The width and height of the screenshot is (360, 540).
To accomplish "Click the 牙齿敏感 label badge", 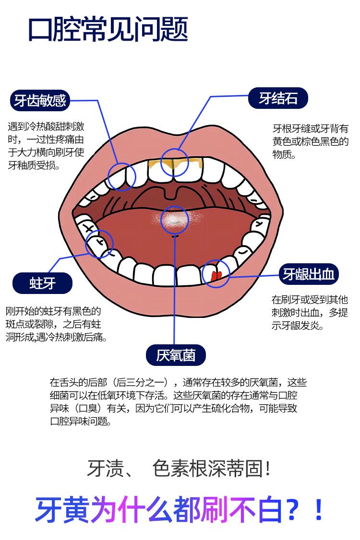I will pyautogui.click(x=40, y=100).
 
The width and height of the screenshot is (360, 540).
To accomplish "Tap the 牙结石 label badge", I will pyautogui.click(x=278, y=98).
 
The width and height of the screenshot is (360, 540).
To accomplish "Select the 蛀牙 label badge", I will pyautogui.click(x=42, y=283).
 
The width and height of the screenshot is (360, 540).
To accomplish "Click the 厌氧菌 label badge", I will pyautogui.click(x=176, y=355).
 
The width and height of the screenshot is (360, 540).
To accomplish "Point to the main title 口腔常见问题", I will pyautogui.click(x=108, y=30).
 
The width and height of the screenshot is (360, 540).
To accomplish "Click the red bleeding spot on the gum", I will pyautogui.click(x=216, y=275).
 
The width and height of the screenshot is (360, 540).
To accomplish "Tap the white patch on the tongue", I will pyautogui.click(x=174, y=220).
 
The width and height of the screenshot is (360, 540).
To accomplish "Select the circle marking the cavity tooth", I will pyautogui.click(x=99, y=245).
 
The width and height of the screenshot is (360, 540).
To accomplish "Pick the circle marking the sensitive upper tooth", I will pyautogui.click(x=121, y=176).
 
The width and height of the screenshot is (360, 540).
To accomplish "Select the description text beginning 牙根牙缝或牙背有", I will pyautogui.click(x=310, y=141).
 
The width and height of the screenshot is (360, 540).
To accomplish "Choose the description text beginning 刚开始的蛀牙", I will pyautogui.click(x=56, y=324).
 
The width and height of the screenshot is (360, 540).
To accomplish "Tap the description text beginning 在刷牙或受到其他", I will pyautogui.click(x=310, y=313).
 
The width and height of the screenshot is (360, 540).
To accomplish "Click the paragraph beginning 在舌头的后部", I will pyautogui.click(x=178, y=402).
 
